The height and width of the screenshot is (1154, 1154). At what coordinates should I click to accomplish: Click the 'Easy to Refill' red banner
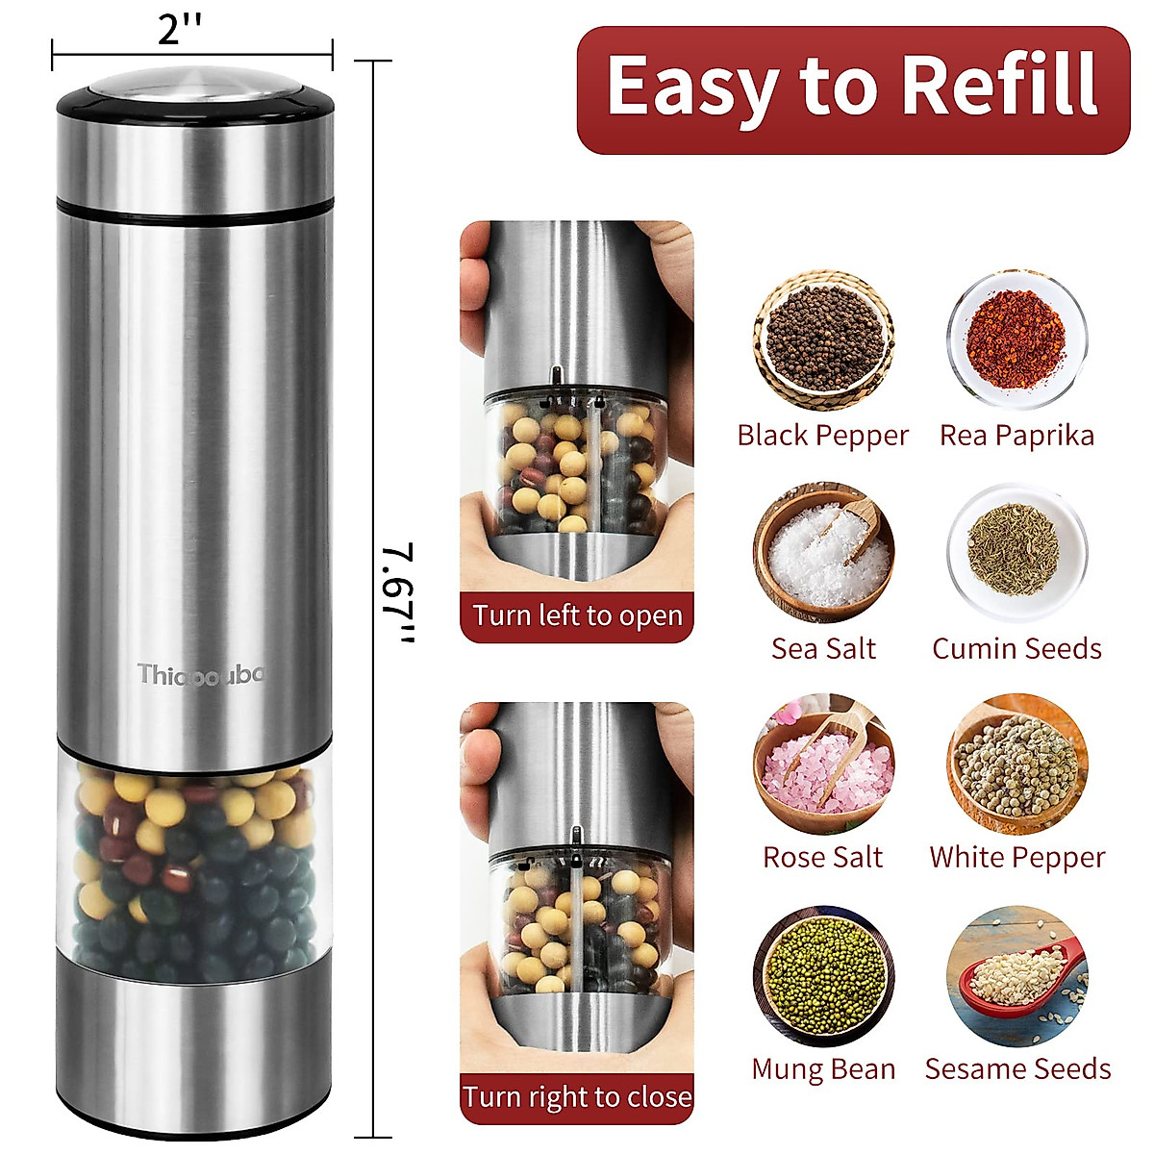click(x=853, y=88)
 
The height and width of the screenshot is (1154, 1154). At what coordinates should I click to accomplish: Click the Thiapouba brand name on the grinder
click(x=199, y=674)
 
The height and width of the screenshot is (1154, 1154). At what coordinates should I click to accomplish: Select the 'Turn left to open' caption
click(x=577, y=615)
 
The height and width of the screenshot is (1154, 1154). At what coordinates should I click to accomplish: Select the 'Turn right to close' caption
click(x=577, y=1097)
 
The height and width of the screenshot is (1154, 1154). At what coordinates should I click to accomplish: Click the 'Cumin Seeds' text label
click(x=1016, y=648)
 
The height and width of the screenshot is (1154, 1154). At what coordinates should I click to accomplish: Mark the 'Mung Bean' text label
click(x=823, y=1069)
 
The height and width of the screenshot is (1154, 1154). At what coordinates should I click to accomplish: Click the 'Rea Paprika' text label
click(x=1016, y=436)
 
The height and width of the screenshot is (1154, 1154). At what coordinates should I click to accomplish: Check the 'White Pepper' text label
click(x=1016, y=857)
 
